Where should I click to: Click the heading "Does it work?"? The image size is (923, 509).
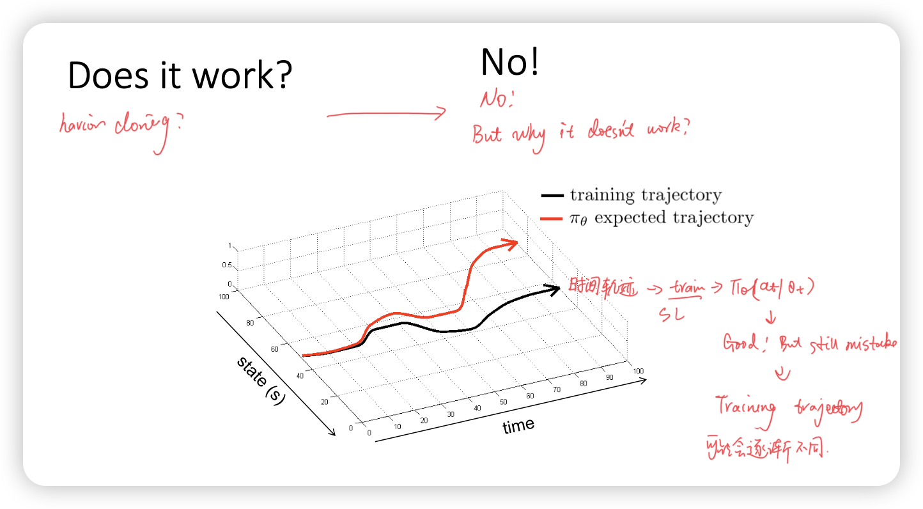click(180, 76)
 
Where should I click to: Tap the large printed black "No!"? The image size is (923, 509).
click(509, 63)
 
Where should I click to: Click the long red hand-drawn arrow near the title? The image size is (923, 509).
click(386, 114)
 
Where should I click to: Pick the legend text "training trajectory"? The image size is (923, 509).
click(646, 195)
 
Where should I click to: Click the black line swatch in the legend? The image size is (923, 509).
click(552, 196)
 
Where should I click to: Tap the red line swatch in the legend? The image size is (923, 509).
click(552, 219)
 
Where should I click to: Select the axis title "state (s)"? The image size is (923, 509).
click(261, 380)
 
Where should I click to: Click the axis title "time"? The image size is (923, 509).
click(518, 426)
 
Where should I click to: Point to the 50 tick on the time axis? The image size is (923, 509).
click(504, 402)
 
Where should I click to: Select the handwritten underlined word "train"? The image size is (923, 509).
click(685, 288)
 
